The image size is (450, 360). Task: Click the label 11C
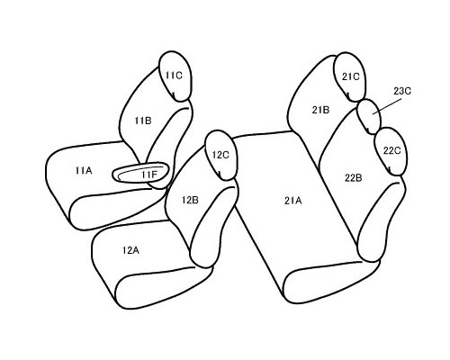click(174, 76)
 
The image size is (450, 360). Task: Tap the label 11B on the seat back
click(143, 121)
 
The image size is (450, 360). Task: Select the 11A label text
click(84, 171)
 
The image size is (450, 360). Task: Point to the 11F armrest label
click(149, 175)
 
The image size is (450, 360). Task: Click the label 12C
click(220, 155)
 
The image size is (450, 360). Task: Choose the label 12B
click(190, 200)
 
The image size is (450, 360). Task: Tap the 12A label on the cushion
click(130, 250)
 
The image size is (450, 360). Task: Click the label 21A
click(292, 201)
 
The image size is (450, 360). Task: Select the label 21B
click(320, 110)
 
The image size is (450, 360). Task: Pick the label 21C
click(351, 77)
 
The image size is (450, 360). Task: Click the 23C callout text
click(402, 91)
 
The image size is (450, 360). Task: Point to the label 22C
click(391, 150)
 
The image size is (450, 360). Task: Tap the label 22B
click(354, 178)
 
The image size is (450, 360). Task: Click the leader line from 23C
click(387, 106)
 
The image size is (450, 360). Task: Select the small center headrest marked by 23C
click(368, 116)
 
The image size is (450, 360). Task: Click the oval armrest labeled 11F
click(140, 172)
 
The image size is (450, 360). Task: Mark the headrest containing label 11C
click(175, 76)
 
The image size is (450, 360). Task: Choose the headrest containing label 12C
click(221, 155)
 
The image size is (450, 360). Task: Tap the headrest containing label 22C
click(391, 151)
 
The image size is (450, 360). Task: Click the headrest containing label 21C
click(350, 77)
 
